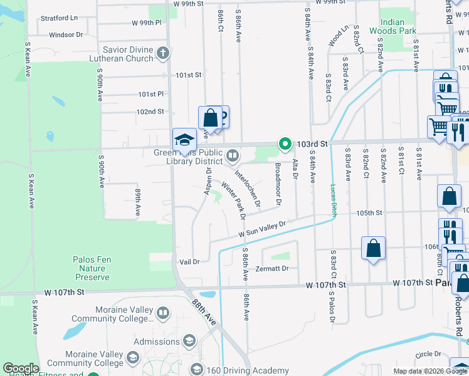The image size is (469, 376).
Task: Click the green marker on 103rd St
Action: (285, 144)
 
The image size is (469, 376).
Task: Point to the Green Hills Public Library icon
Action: (233, 154)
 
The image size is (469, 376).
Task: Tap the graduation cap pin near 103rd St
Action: (185, 139)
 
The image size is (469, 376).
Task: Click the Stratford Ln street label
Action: (60, 18)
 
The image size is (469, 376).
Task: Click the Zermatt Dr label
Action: (271, 268)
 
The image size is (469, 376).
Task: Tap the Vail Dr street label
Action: (189, 262)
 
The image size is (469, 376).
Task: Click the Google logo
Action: (20, 368)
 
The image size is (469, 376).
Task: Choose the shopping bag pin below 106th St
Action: (373, 248)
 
